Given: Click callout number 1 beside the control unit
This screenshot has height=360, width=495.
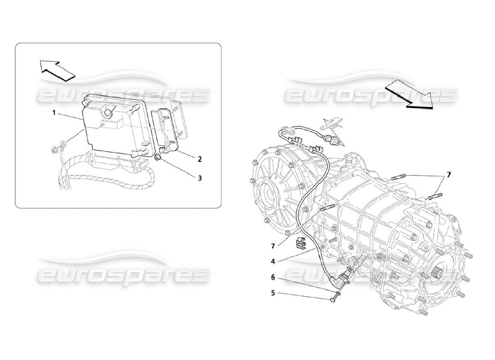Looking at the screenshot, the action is (54, 113).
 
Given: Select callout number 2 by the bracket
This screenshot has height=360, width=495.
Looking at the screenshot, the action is (199, 159).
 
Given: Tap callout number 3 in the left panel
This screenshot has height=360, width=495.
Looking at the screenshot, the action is (199, 178).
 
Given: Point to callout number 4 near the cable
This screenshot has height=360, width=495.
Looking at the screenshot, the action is (273, 261).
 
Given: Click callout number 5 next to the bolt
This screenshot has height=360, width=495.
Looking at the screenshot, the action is (273, 293).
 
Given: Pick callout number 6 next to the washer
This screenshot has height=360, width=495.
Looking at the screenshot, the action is (273, 278).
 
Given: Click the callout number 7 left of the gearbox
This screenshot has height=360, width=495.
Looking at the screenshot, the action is (273, 246).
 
